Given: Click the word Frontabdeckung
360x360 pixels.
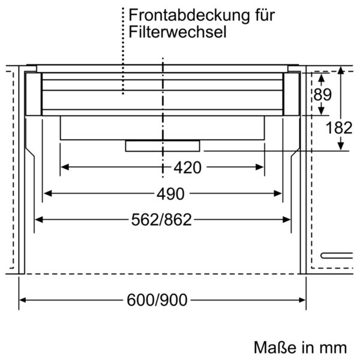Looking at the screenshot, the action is point(189,16).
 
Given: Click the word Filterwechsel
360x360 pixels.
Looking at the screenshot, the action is point(178,32).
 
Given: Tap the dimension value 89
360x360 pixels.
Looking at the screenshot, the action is point(323,94).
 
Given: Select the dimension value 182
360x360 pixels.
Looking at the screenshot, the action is point(339,128).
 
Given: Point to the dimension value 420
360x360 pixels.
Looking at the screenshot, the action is point(187,167).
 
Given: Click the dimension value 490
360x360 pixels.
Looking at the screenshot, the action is point(170,194).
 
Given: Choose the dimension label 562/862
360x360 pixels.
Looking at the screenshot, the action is point(161,220).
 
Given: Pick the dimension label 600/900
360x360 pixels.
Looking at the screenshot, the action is point(157,300).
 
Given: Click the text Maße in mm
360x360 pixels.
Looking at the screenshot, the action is point(300,347).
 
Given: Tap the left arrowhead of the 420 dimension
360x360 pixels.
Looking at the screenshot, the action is point(64,167).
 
